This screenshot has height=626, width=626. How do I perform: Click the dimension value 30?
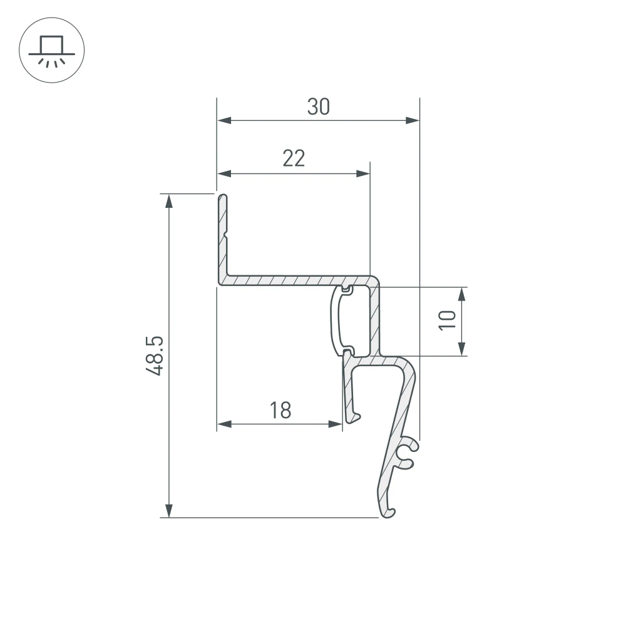(x=318, y=108)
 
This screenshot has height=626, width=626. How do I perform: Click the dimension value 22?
(x=294, y=159)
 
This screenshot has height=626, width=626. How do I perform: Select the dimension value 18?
(x=280, y=411)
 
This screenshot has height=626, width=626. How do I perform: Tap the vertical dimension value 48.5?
(x=154, y=356)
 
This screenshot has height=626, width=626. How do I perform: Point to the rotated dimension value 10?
(x=446, y=321)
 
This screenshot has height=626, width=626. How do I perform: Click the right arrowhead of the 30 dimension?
(x=413, y=120)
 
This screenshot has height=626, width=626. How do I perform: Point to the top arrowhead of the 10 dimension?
(x=462, y=294)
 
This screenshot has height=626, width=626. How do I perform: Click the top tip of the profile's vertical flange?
(x=223, y=196)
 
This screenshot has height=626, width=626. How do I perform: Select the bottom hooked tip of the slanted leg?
(x=389, y=513)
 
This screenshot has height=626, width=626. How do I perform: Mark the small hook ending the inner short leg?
(x=355, y=416)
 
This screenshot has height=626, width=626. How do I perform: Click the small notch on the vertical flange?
(x=225, y=236)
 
